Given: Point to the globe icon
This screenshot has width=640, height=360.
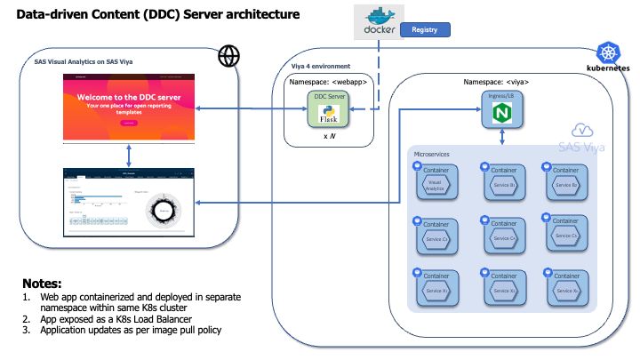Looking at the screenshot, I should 228,56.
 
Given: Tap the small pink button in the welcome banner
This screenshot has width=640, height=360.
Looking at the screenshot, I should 130,123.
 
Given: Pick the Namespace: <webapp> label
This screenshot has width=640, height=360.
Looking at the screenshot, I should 328,82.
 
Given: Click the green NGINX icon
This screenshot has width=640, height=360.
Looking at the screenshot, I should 501,114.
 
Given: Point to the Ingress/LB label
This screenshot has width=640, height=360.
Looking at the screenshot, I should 501,96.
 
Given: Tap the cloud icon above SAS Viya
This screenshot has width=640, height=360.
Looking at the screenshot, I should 584,131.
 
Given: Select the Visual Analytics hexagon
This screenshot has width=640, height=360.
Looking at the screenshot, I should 436,185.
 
